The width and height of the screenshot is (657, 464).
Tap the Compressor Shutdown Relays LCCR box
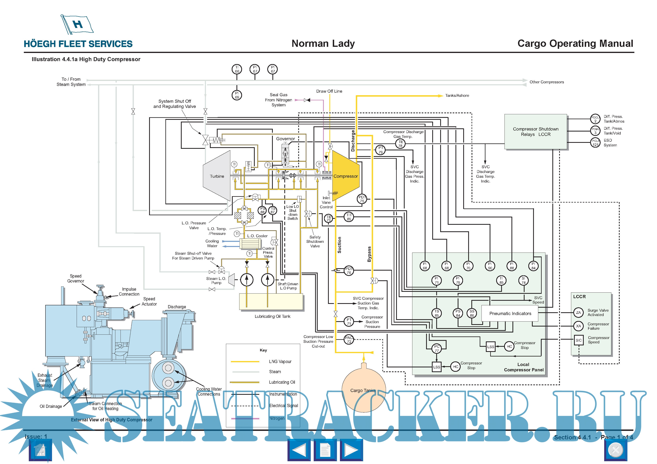pyautogui.click(x=535, y=132)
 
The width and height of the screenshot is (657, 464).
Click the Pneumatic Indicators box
pyautogui.click(x=510, y=313)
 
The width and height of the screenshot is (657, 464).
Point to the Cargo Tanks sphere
pyautogui.click(x=363, y=391)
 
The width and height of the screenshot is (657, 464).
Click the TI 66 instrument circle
pyautogui.click(x=237, y=69)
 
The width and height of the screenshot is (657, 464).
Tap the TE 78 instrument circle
pyautogui.click(x=400, y=143)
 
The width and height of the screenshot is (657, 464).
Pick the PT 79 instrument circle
pyautogui.click(x=381, y=150)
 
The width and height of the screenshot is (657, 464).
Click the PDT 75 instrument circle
pyautogui.click(x=362, y=199)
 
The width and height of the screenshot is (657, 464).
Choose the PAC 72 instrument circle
pyautogui.click(x=349, y=339)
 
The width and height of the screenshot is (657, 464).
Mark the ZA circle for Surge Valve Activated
pyautogui.click(x=578, y=312)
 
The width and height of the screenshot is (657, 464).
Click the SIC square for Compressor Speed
pyautogui.click(x=578, y=340)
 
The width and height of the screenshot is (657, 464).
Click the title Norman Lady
pyautogui.click(x=323, y=43)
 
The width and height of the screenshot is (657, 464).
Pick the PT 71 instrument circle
pyautogui.click(x=349, y=322)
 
